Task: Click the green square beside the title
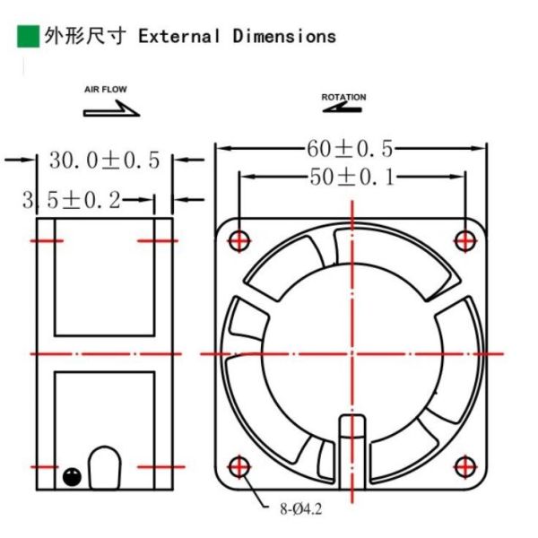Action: (x=28, y=36)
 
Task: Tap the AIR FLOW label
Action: (x=106, y=90)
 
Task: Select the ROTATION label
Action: (x=343, y=97)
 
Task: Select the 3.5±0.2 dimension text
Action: (x=72, y=200)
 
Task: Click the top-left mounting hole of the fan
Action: (x=239, y=240)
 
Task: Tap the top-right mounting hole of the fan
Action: (x=464, y=240)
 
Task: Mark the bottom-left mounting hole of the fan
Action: (x=239, y=466)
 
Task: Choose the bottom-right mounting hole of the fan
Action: (x=464, y=466)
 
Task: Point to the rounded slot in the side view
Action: (x=105, y=467)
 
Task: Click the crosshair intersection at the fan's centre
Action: (x=351, y=353)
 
